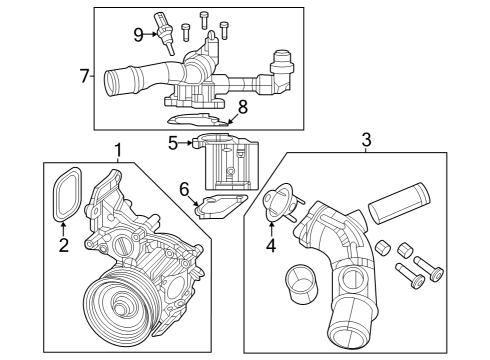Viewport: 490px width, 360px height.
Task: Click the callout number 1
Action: coord(118,151)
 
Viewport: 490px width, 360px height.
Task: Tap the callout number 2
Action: coord(63,245)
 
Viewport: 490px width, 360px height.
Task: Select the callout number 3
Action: coord(366,139)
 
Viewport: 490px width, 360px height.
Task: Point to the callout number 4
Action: coord(270,243)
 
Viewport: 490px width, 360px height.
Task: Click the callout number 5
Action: coord(173,143)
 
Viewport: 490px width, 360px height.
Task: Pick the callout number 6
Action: coord(184,189)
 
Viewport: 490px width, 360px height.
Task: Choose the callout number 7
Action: coord(84,74)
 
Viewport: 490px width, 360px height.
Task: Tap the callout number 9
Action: coord(140,35)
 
